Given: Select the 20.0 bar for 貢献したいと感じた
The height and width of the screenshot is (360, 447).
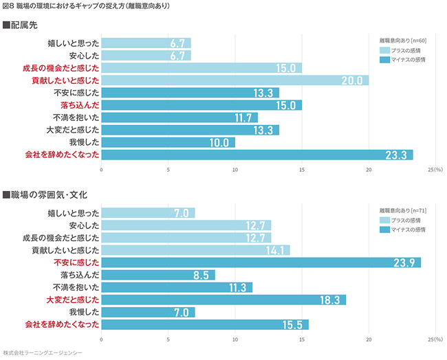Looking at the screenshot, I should coord(235,80).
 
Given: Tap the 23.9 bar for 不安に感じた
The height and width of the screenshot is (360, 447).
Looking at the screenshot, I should coord(261,262).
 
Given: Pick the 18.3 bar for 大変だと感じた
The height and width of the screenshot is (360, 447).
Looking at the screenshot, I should coord(223,300).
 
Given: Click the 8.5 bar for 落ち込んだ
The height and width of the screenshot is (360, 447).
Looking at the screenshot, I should coord(158,275).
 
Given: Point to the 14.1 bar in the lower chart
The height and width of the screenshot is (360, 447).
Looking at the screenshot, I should coord(195,250).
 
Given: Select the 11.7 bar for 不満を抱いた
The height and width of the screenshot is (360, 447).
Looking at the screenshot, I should coord(179,117).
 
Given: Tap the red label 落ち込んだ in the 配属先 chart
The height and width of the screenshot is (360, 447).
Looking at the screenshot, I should coord(80,105).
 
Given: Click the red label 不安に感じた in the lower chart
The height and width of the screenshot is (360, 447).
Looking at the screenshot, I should coord(76,262).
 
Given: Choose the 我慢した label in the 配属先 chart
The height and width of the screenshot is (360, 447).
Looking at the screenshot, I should coord(85,142).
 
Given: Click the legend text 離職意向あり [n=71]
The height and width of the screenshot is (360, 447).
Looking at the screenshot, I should coord(403,210).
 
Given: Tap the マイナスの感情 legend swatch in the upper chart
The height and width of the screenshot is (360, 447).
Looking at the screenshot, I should coord(384,60).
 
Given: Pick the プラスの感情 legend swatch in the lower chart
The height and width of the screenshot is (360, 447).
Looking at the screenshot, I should coord(384,219).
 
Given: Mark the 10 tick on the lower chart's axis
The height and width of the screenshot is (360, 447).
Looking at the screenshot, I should coord(235,339).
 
